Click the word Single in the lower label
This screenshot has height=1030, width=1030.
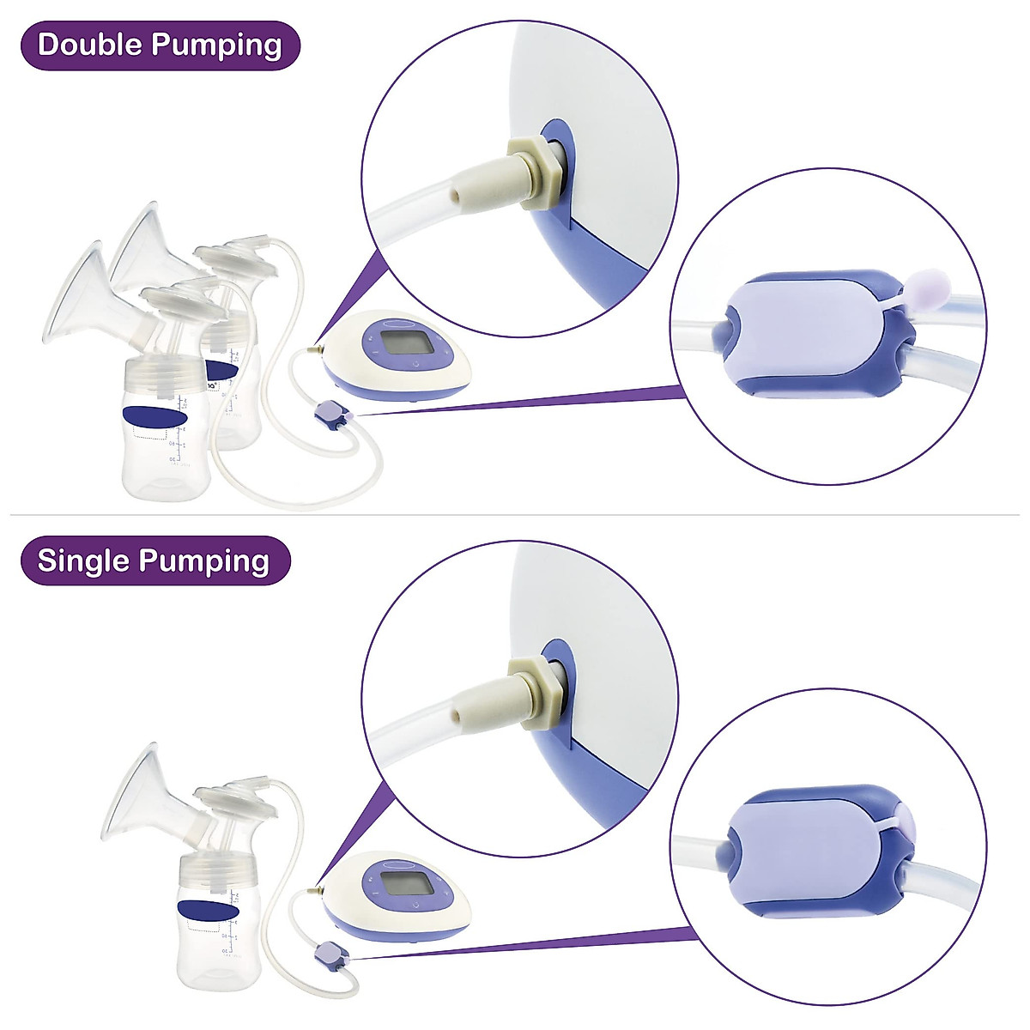[82, 560]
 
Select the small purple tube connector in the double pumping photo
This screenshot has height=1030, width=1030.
[330, 418]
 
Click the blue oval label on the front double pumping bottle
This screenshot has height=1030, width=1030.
[155, 415]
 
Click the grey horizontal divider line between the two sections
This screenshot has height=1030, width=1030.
[515, 515]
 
